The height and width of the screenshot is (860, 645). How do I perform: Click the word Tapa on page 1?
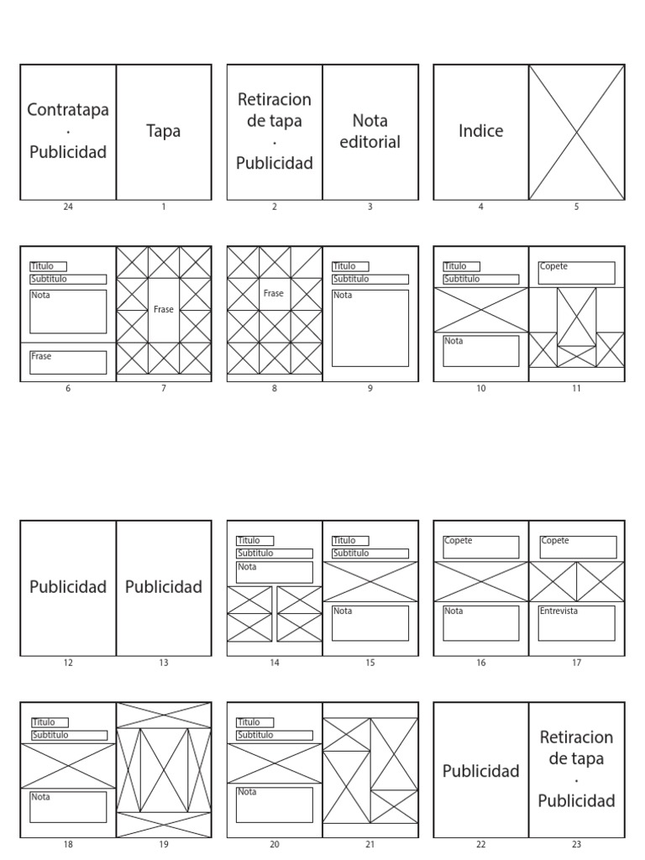(x=163, y=131)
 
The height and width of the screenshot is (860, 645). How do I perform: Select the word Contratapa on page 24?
(x=68, y=110)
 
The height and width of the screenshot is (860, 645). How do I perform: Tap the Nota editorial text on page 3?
(x=370, y=131)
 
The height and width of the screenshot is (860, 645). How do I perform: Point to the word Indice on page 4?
(x=480, y=131)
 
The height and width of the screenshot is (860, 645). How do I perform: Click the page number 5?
(x=576, y=207)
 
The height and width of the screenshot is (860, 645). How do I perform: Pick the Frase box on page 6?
(x=68, y=362)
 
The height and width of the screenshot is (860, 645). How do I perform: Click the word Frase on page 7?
(x=164, y=309)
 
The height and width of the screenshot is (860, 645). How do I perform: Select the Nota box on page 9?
(x=370, y=328)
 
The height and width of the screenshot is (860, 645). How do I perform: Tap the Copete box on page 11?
(x=576, y=272)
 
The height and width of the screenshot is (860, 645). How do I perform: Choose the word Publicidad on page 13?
(x=164, y=587)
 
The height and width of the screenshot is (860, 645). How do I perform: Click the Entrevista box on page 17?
(x=576, y=622)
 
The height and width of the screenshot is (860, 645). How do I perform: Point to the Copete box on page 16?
(x=480, y=547)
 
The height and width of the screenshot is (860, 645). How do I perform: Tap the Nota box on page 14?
(x=274, y=572)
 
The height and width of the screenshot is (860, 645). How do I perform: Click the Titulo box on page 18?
(x=50, y=722)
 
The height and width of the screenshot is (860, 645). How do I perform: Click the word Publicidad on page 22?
(x=480, y=771)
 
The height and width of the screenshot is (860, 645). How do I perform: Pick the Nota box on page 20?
(x=274, y=805)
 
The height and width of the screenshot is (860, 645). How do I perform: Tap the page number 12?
(x=68, y=663)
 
